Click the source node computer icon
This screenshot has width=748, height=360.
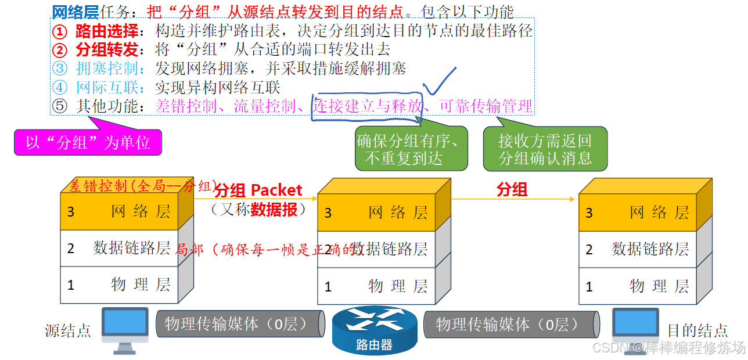click(124, 329)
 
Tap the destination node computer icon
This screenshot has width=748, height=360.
click(636, 329)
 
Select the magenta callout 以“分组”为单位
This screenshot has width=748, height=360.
click(88, 142)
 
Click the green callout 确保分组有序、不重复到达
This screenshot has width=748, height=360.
click(411, 149)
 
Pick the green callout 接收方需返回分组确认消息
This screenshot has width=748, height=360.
click(545, 149)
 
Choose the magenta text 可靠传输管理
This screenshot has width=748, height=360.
click(486, 106)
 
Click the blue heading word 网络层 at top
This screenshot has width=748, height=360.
click(75, 12)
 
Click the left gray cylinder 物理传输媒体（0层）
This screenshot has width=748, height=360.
click(239, 324)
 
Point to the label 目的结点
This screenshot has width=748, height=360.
click(697, 331)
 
